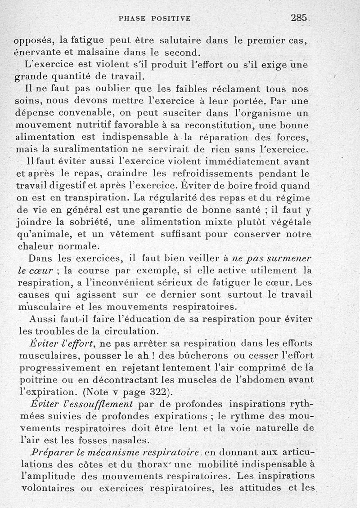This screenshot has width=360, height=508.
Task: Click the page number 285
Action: coord(299,18)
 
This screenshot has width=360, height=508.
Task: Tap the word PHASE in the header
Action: coord(133,18)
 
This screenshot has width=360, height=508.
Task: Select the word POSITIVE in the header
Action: coord(171,18)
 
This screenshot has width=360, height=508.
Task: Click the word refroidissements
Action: coord(195,174)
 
